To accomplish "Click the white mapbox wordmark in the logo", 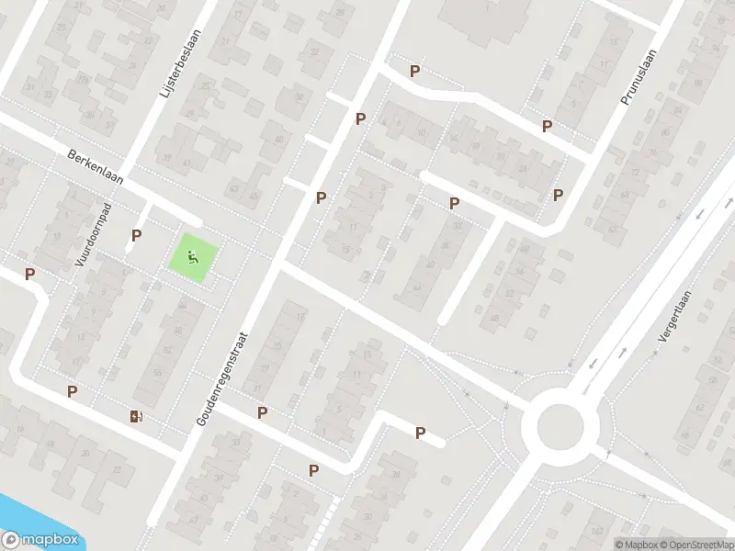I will [49, 540].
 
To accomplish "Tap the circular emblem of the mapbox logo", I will [12, 540].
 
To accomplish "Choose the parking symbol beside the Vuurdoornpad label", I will [136, 236].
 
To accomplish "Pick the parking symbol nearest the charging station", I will [72, 392].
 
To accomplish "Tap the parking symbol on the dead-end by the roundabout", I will [421, 433].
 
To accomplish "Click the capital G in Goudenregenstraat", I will [200, 420].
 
